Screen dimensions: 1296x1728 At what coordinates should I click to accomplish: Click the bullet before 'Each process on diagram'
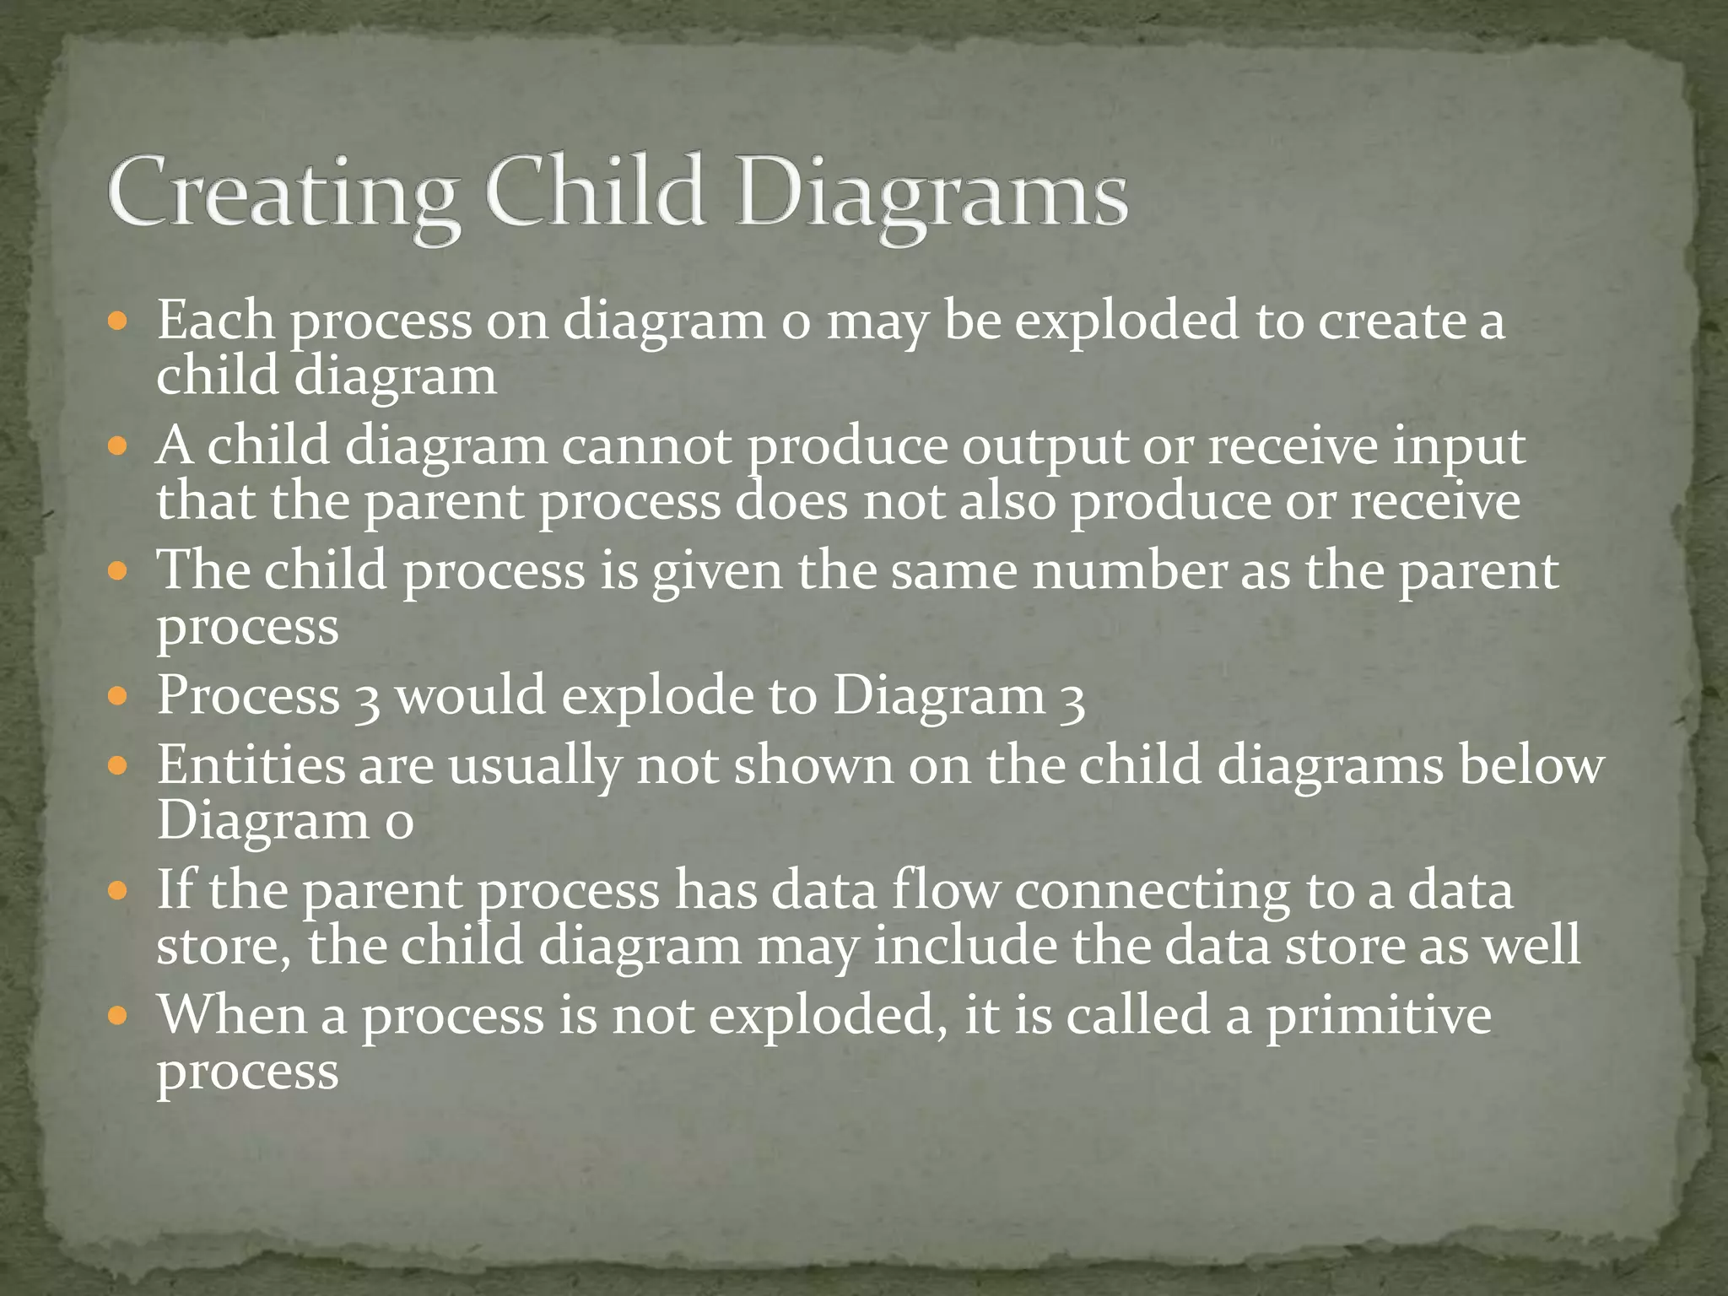pyautogui.click(x=118, y=322)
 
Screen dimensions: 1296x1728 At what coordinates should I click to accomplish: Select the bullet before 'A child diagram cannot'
pyautogui.click(x=118, y=446)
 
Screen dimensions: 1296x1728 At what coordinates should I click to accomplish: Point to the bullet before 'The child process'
pyautogui.click(x=118, y=571)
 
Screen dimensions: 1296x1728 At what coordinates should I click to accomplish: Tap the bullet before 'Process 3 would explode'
pyautogui.click(x=118, y=697)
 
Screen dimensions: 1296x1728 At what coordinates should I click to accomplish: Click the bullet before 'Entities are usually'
pyautogui.click(x=118, y=766)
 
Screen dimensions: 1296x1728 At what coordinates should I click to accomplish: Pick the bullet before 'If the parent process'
pyautogui.click(x=118, y=891)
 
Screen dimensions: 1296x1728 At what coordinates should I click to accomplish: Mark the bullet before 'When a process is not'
pyautogui.click(x=118, y=1015)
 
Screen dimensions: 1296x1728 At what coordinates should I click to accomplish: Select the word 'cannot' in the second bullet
pyautogui.click(x=647, y=445)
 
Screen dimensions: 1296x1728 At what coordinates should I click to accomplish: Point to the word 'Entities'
pyautogui.click(x=251, y=764)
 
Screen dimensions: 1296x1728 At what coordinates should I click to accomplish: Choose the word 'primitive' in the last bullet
pyautogui.click(x=1378, y=1014)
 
